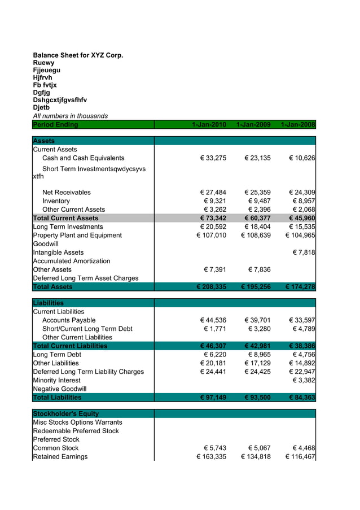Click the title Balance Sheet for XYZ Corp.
[x=78, y=55]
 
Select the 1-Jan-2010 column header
[x=209, y=125]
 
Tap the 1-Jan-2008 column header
[x=297, y=125]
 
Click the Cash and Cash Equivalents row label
[x=83, y=158]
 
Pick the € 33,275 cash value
[x=213, y=158]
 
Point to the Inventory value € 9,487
[x=257, y=201]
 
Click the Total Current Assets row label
[x=65, y=218]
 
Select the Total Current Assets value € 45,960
[x=301, y=218]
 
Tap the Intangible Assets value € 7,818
[x=304, y=252]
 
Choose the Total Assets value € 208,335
[x=211, y=287]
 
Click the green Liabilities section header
[x=49, y=303]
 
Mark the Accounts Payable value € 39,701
[x=257, y=320]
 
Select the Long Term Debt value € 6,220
[x=214, y=355]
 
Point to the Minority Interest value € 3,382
[x=304, y=381]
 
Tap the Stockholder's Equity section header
[x=66, y=414]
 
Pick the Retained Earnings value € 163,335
[x=211, y=457]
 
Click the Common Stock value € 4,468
[x=304, y=448]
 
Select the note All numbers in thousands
[x=71, y=116]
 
